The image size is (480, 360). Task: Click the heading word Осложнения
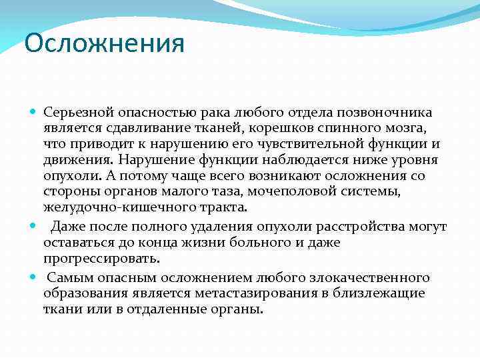104,44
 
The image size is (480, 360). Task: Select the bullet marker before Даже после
34,227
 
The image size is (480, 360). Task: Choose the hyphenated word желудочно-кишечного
107,208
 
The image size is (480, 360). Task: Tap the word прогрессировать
101,259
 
